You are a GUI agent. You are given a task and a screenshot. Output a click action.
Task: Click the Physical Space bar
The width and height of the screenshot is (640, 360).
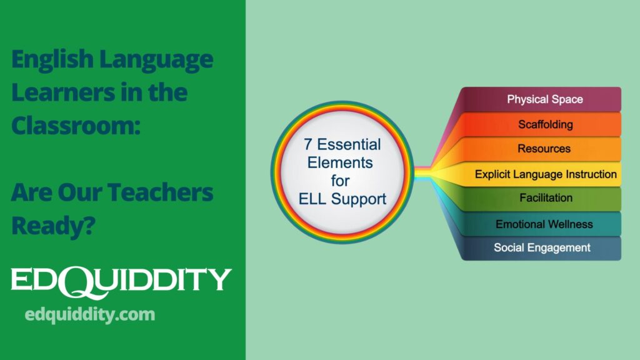(x=544, y=99)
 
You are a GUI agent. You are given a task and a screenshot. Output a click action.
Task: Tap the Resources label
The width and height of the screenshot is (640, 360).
(x=544, y=149)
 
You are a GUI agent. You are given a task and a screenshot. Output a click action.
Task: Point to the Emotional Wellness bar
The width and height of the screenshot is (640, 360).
(x=544, y=224)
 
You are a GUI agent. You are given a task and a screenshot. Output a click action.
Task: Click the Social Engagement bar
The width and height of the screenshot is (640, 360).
(x=542, y=247)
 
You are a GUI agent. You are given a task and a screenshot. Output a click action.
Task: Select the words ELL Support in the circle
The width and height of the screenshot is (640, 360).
(x=342, y=199)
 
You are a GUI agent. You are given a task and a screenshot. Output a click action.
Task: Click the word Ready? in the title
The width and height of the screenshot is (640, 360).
(x=52, y=225)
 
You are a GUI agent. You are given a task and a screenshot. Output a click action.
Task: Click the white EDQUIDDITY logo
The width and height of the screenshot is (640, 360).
(x=121, y=280)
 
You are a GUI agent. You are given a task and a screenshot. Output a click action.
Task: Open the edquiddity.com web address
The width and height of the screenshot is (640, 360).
(x=90, y=314)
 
